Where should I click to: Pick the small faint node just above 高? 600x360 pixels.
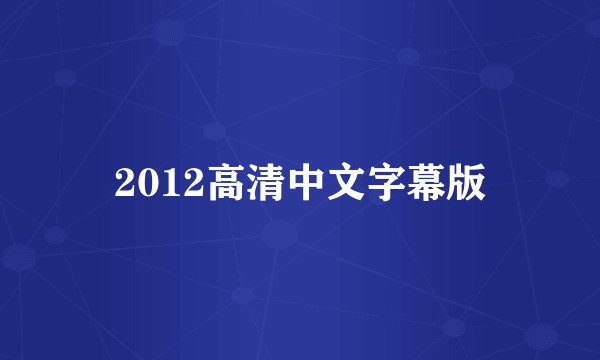click(x=214, y=130)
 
